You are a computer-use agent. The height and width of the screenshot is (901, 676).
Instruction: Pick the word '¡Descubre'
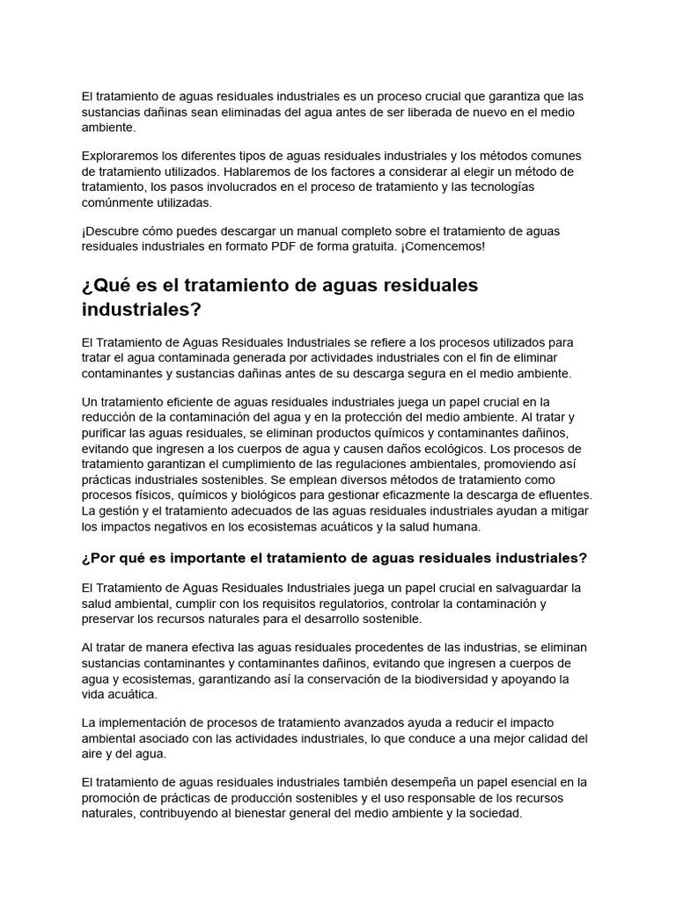point(113,231)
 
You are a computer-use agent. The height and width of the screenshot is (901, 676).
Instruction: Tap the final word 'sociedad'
point(494,814)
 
